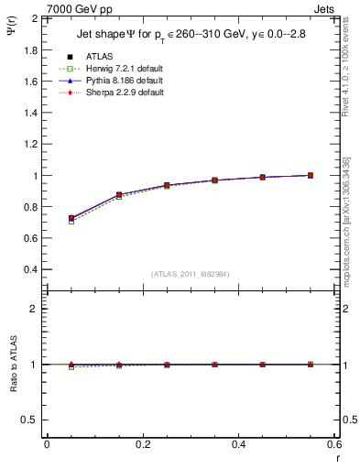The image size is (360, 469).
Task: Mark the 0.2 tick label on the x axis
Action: pos(142,444)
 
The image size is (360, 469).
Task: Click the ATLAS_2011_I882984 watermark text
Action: pos(190,274)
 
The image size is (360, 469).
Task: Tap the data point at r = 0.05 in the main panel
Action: pos(71,219)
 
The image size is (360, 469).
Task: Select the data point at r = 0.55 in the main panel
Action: pos(311,175)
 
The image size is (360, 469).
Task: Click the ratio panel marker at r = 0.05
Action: pos(71,365)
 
